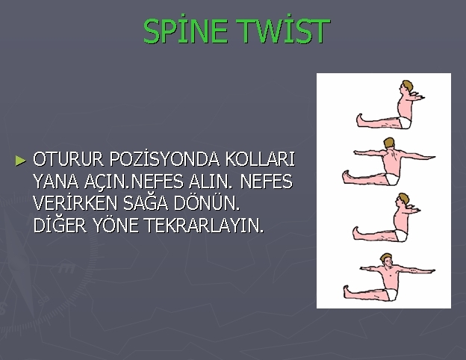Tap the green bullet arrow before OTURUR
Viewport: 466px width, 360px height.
tap(21, 160)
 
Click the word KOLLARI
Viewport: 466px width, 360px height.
tap(261, 160)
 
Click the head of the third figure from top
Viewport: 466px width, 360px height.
tap(404, 201)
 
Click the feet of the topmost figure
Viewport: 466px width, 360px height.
tap(358, 120)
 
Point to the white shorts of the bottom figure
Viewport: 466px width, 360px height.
tap(388, 287)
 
